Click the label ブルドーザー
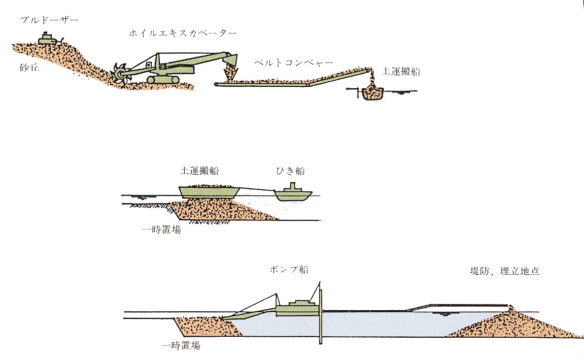(x=49, y=20)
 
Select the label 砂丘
(x=29, y=68)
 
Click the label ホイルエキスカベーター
(x=183, y=34)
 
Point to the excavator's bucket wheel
(x=121, y=73)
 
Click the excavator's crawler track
(x=163, y=79)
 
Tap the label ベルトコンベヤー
(x=293, y=63)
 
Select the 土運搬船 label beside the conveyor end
(x=401, y=71)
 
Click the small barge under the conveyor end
(x=371, y=93)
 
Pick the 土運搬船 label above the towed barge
(x=199, y=171)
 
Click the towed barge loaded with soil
(x=209, y=191)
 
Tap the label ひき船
(x=291, y=171)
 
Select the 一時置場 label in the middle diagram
(x=162, y=230)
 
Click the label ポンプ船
(x=289, y=269)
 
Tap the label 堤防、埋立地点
(x=504, y=271)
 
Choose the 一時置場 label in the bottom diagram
(x=181, y=345)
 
